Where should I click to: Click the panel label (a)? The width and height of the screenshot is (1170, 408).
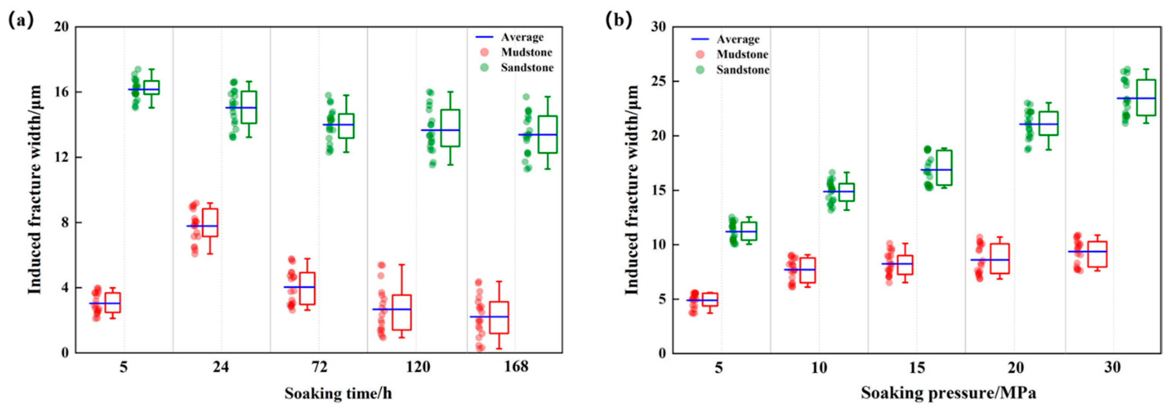click(x=21, y=20)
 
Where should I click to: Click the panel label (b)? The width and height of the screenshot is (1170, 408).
click(x=619, y=20)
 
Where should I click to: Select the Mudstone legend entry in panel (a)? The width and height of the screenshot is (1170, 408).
click(x=517, y=52)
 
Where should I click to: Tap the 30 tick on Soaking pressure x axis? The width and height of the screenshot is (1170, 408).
click(x=1113, y=367)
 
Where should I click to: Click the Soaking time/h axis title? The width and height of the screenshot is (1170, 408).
click(x=338, y=393)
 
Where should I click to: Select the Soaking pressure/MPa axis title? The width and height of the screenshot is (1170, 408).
click(x=949, y=393)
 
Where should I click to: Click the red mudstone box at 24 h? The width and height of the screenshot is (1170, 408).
click(x=210, y=223)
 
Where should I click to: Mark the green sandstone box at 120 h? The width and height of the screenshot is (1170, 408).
click(x=451, y=128)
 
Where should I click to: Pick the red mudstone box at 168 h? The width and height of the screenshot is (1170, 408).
click(x=499, y=318)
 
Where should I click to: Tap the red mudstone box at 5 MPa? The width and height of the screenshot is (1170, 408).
click(x=710, y=300)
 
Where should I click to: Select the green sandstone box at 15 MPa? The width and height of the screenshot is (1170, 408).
click(x=944, y=168)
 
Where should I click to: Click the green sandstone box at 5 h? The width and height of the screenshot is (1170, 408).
click(x=151, y=87)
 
